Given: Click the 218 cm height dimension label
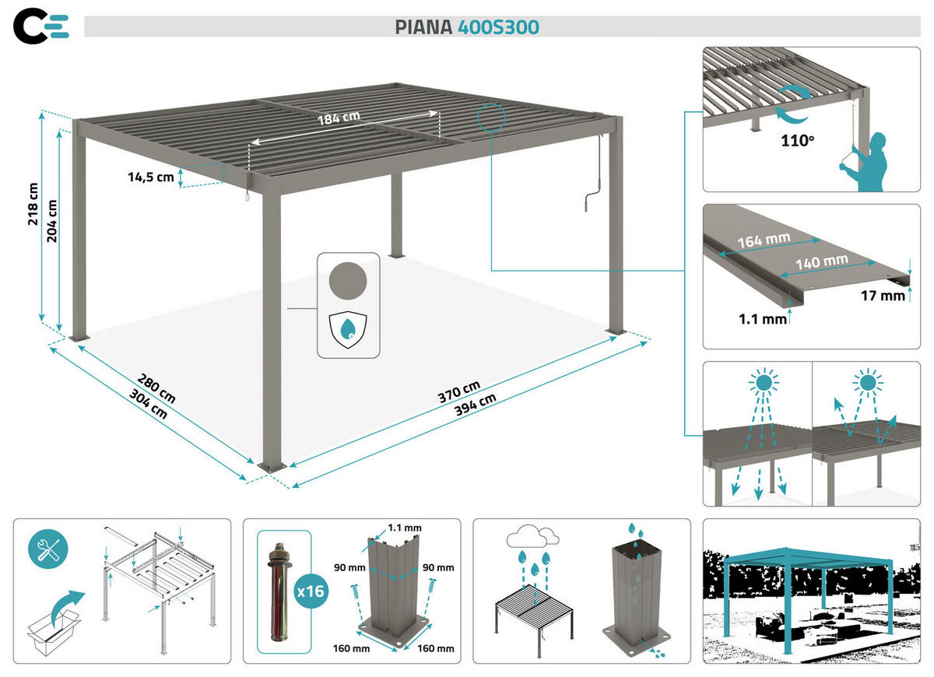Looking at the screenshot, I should (33, 204).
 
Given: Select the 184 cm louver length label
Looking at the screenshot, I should (339, 119).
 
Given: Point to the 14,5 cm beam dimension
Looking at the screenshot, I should (151, 177).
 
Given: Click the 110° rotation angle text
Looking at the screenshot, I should (798, 142).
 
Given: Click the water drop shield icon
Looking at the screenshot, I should (348, 329).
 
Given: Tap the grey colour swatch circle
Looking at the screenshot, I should (348, 279).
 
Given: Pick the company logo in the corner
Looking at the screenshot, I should (40, 26).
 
